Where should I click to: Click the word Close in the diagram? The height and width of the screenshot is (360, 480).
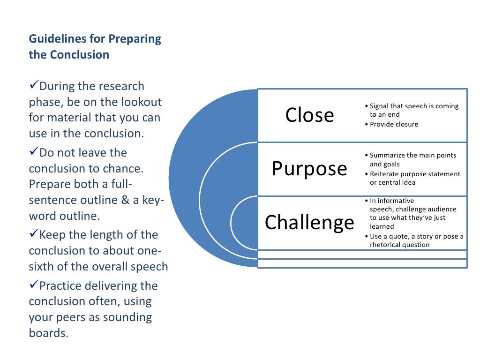coord(309,115)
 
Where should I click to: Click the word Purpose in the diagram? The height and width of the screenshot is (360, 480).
coord(309,169)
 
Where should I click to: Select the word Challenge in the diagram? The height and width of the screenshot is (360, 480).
coord(309,222)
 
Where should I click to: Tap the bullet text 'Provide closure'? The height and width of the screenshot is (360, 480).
coord(394,124)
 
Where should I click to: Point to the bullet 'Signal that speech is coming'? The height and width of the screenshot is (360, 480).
coord(414,106)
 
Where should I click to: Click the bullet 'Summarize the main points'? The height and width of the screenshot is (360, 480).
coord(412,155)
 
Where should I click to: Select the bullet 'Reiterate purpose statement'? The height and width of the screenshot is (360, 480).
coord(415,174)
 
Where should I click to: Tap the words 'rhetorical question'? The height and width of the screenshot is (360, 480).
coord(399,244)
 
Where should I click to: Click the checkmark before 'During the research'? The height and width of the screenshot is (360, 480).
coord(33,85)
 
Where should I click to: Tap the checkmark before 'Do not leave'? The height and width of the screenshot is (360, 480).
coord(33,151)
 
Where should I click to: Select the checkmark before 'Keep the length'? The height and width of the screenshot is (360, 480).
coord(33,233)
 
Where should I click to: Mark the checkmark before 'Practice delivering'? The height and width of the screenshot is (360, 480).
coord(33,285)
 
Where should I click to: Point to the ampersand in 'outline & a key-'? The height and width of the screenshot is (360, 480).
coord(127,200)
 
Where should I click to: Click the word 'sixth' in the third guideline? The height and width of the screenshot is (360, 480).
coord(41,267)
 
